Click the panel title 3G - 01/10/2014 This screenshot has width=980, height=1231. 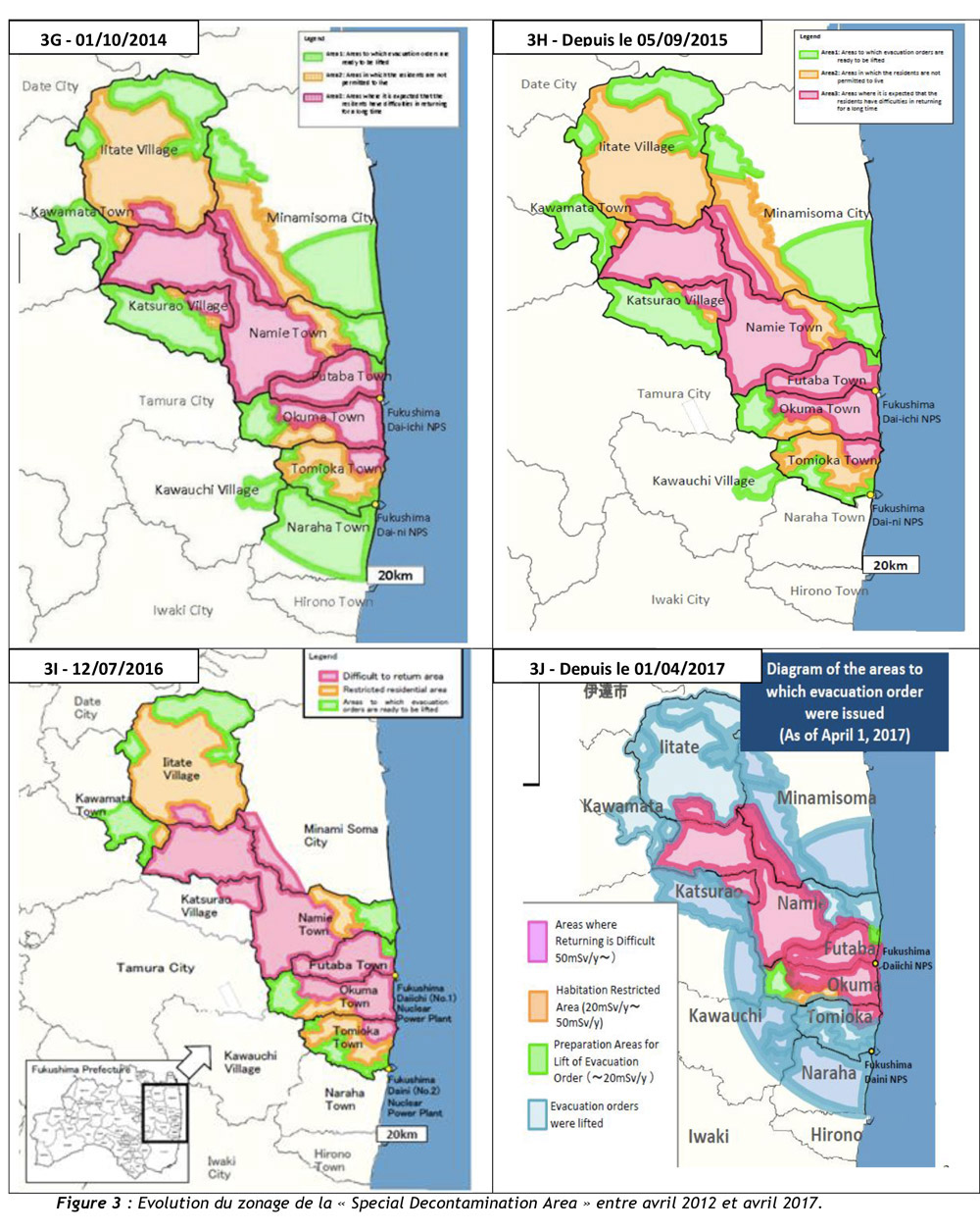pos(103,39)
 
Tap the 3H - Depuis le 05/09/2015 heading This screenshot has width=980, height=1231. pos(627,39)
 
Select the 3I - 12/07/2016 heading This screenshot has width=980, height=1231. pos(103,668)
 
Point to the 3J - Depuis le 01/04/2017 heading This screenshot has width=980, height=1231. pos(627,668)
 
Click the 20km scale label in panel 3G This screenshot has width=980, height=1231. pos(395,575)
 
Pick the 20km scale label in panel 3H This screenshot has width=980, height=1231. pos(890,565)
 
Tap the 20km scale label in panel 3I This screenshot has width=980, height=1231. pos(401,1134)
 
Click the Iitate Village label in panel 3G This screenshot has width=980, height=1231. pos(139,149)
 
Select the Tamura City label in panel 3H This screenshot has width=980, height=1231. pos(673,393)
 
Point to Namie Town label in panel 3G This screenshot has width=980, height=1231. pos(287,333)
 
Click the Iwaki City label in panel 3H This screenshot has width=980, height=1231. pos(680,599)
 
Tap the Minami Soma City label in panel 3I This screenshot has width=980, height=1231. pos(339,835)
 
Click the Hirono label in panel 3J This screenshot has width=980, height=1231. pos(836,1135)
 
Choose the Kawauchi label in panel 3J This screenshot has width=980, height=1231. pos(725,1015)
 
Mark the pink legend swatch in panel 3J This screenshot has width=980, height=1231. pos(537,941)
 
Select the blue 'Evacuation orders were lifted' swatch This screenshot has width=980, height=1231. pos(537,1114)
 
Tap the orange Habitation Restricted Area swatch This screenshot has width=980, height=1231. pos(537,1005)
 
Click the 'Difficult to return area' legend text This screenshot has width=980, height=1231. pos(393,676)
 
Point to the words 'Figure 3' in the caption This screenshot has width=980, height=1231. pos(88,1204)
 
